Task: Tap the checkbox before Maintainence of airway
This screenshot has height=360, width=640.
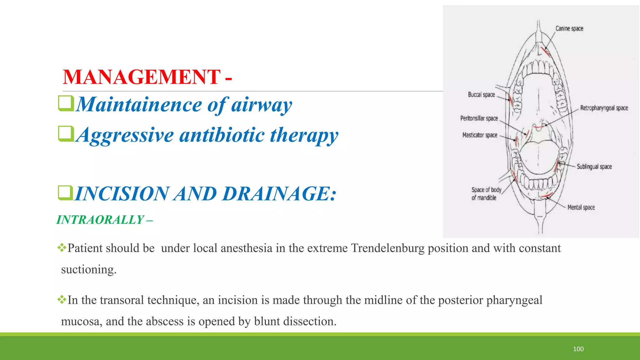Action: pos(66,103)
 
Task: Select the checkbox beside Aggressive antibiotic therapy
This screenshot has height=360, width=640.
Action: pos(66,134)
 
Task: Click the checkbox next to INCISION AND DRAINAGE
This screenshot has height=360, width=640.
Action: pos(66,192)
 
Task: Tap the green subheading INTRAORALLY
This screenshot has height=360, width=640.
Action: pos(100,220)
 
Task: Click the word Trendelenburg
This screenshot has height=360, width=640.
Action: pos(388,248)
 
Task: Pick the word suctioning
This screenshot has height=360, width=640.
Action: pos(88,269)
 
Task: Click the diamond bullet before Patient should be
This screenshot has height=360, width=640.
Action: pos(62,248)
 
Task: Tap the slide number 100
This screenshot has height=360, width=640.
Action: pos(578,349)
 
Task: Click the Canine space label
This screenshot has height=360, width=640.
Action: pos(569,28)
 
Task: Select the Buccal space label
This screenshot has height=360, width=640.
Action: pos(481,94)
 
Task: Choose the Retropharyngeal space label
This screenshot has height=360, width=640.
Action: pos(604,108)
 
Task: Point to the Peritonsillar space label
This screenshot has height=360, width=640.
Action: pos(479,118)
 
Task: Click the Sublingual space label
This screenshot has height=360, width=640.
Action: pos(594,167)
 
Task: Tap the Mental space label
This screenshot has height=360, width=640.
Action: pos(581,207)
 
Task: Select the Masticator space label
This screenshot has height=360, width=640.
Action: pos(480,135)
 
